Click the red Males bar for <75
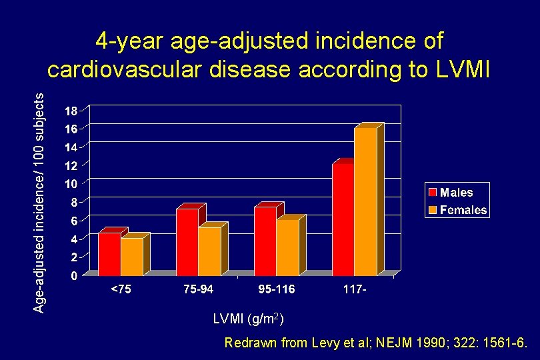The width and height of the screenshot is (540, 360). (109, 254)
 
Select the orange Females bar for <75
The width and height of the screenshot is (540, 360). (132, 257)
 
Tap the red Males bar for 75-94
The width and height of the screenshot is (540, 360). (187, 242)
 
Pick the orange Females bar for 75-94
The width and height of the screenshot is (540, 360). (209, 251)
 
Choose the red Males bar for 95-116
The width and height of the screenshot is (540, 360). (265, 241)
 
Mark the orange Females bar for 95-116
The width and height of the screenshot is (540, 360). (287, 247)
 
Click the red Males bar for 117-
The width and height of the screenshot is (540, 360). (343, 219)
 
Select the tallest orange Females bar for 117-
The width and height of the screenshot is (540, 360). (365, 201)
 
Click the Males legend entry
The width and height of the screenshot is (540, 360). (457, 193)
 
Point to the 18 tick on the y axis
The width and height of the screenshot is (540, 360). (71, 110)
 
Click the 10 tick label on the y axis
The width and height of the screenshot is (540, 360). (71, 183)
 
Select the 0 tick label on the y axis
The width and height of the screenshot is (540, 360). (73, 275)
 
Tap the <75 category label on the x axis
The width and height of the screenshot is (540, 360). (121, 290)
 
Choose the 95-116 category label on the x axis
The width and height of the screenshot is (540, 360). (276, 290)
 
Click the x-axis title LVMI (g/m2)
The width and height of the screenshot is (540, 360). (249, 320)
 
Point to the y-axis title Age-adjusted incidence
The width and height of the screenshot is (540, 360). (40, 200)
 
